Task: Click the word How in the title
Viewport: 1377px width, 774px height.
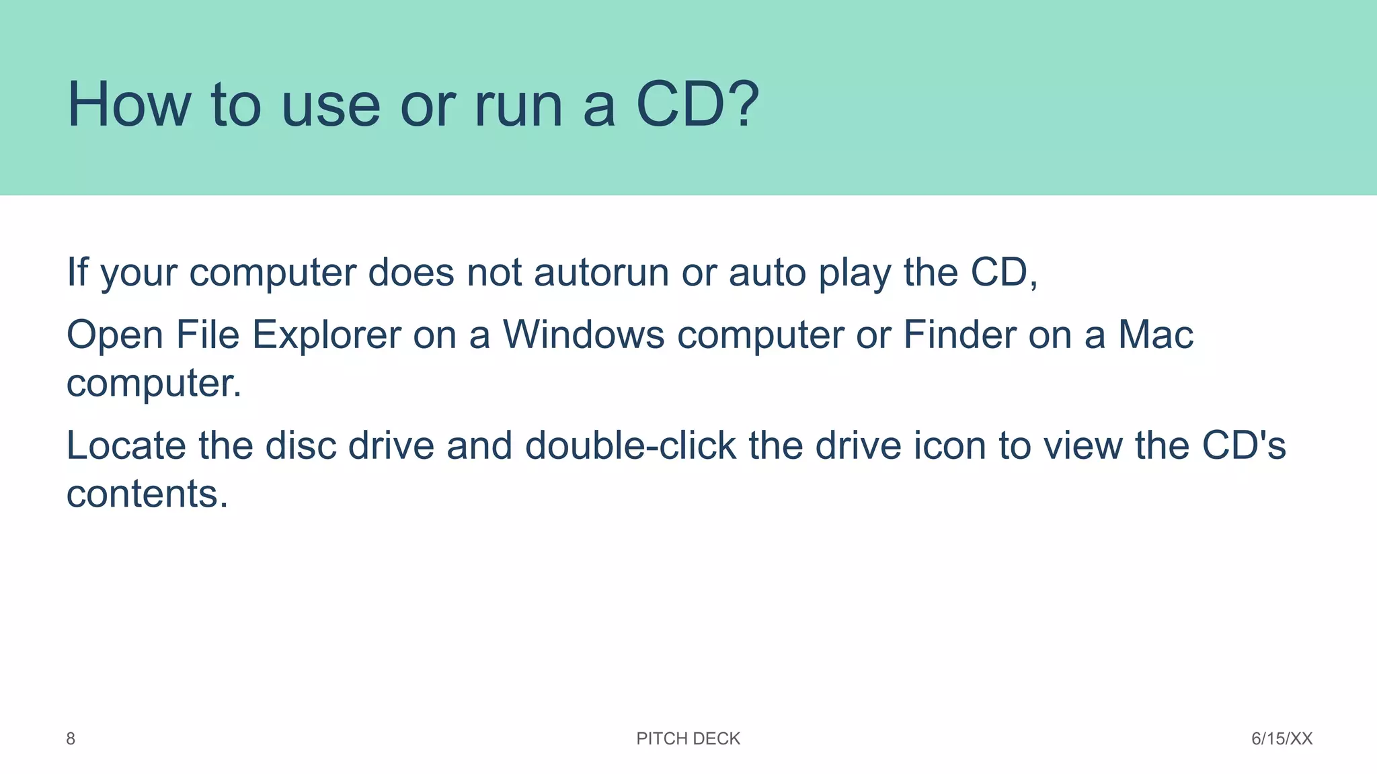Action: click(x=129, y=105)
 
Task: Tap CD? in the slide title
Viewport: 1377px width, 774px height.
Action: click(x=697, y=105)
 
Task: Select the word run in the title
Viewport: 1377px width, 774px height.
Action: click(x=518, y=106)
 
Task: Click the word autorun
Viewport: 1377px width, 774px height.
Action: click(x=601, y=273)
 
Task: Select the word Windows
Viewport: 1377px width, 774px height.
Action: click(x=584, y=334)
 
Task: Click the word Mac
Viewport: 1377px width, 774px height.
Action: click(x=1155, y=334)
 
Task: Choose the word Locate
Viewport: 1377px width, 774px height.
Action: click(x=126, y=445)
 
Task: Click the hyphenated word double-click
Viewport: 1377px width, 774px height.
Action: click(x=630, y=445)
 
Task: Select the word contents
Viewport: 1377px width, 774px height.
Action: click(x=147, y=494)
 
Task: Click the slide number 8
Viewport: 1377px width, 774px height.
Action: click(x=71, y=739)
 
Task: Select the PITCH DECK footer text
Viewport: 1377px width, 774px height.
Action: click(x=688, y=739)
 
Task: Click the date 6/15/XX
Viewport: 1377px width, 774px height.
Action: click(x=1282, y=739)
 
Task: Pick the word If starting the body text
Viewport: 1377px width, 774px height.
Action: click(x=77, y=272)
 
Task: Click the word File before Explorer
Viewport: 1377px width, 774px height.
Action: click(x=207, y=334)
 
